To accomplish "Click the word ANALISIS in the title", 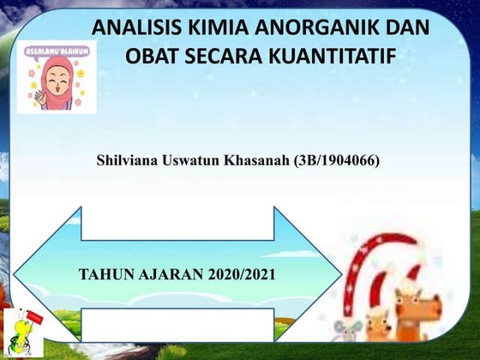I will coord(133,27).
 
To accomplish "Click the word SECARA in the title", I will coord(229,57).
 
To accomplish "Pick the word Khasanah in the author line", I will coord(258,159).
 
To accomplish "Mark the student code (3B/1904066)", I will coord(336,159).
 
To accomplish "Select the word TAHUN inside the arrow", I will coord(103,275).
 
